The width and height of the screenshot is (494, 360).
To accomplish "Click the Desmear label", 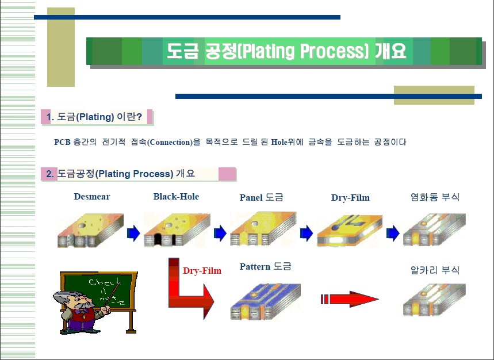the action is pos(91,197).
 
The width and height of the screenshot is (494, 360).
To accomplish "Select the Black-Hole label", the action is pos(176,197).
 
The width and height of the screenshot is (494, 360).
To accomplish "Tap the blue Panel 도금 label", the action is pos(261,197).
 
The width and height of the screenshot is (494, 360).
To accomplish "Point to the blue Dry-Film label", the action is pos(350,197).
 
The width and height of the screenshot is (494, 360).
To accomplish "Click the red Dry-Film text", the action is pos(202,270).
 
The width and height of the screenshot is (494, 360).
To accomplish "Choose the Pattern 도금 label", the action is pos(265,266).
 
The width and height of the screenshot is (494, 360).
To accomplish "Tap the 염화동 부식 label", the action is pos(435,197).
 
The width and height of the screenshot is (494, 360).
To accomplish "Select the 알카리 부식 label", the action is pos(435,270).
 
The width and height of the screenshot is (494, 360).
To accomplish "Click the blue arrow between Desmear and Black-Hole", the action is pos(133,233).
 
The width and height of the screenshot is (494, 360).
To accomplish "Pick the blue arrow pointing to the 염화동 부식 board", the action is pos(393,233).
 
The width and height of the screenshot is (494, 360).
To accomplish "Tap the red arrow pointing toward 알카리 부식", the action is pos(350,299).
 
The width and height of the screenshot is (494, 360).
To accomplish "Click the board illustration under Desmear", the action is pos(90,230).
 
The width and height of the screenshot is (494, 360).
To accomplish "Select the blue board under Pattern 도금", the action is pos(265,301).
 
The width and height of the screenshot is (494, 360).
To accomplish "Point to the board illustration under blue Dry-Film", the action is pos(350,230).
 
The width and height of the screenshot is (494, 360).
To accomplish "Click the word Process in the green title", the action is pos(334,51).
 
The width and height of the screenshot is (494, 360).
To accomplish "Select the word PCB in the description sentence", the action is pos(62,142).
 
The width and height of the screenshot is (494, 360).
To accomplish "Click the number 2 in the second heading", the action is pos(49,174).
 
